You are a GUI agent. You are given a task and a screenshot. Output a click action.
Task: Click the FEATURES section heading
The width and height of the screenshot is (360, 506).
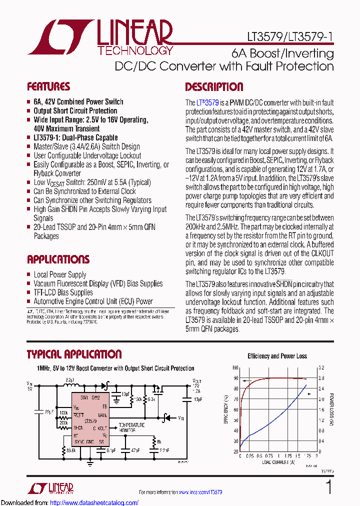[48, 86]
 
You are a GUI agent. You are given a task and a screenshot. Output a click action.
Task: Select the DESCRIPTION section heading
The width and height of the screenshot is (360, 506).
[214, 87]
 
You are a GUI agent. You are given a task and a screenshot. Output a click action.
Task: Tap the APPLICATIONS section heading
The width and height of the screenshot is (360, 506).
[58, 259]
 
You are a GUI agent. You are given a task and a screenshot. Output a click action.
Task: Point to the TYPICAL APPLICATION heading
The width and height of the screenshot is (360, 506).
[74, 354]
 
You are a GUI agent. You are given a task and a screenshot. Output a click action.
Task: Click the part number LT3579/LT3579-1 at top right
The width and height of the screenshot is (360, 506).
[290, 37]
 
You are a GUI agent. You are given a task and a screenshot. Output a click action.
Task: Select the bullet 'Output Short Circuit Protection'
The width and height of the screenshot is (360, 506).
[75, 111]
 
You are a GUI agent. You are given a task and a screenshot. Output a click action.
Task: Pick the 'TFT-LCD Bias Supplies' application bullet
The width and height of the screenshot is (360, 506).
[63, 292]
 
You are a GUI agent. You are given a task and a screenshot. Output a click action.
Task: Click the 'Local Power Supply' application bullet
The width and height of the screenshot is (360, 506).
[59, 274]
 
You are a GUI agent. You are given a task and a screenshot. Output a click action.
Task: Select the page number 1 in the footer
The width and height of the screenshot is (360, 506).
[328, 487]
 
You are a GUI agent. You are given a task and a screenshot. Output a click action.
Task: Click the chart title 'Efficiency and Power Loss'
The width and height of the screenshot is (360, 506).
[277, 356]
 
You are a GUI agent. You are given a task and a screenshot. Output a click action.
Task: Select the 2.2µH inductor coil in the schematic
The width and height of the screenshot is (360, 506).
[70, 385]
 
